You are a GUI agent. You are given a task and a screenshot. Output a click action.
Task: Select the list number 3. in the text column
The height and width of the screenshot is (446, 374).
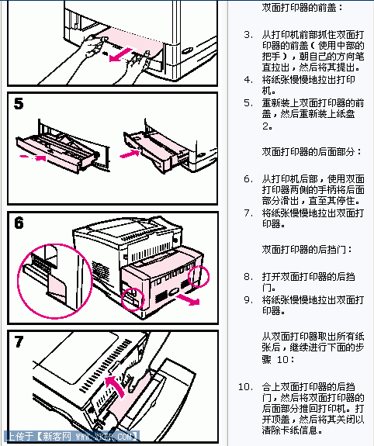[x=248, y=35]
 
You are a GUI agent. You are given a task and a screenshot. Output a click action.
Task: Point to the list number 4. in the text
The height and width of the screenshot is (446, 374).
[x=248, y=79]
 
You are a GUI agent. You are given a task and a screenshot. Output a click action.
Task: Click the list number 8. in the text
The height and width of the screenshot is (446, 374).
[x=248, y=276]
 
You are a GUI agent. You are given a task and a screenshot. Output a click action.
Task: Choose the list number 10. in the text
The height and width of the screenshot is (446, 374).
[x=245, y=386]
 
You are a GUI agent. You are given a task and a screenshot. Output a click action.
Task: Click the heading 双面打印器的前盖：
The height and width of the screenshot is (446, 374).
[x=302, y=7]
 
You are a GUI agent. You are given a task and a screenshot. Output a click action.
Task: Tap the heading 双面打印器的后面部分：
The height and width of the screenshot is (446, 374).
[x=306, y=151]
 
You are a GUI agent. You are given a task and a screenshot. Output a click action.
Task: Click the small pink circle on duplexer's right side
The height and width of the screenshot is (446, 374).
[x=200, y=277]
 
